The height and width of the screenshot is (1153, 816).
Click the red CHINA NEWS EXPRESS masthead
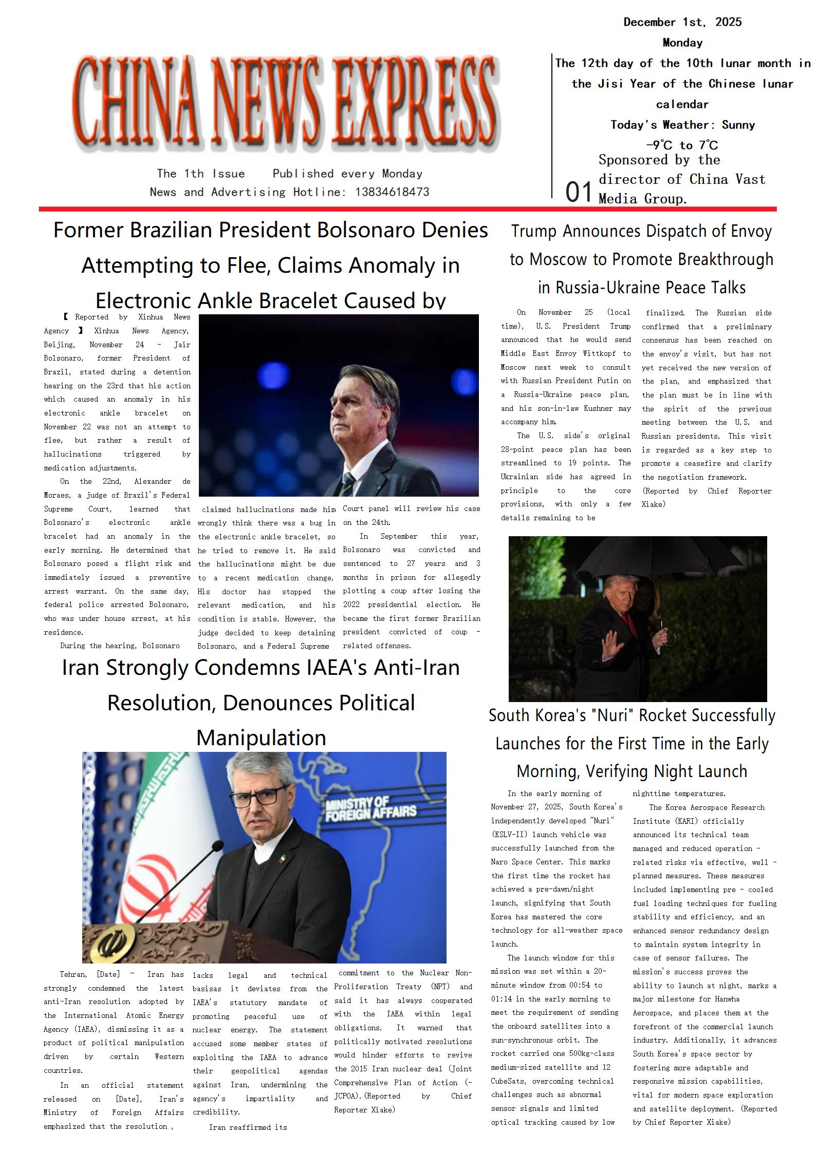pyautogui.click(x=286, y=103)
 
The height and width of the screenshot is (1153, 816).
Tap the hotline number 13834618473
pyautogui.click(x=392, y=192)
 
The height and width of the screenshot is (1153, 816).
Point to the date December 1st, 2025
pyautogui.click(x=682, y=22)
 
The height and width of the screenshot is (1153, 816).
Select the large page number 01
pyautogui.click(x=579, y=193)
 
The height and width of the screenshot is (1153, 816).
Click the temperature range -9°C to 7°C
pyautogui.click(x=682, y=145)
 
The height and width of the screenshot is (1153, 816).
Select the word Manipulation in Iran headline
pyautogui.click(x=261, y=738)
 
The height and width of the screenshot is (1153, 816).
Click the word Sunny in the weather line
pyautogui.click(x=738, y=125)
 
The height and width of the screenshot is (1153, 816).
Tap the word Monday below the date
pyautogui.click(x=682, y=43)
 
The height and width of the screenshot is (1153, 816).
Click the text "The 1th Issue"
pyautogui.click(x=201, y=174)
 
